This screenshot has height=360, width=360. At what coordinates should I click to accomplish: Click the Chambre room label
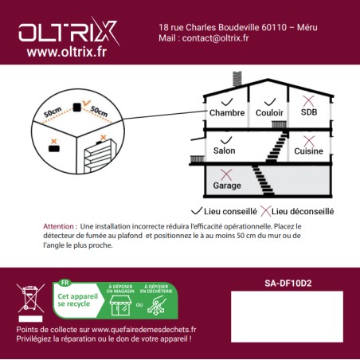pyautogui.click(x=227, y=113)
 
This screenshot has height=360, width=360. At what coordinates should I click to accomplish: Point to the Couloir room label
pyautogui.click(x=270, y=113)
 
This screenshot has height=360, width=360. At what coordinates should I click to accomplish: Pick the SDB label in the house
pyautogui.click(x=308, y=113)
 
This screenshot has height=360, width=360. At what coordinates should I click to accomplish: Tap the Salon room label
pyautogui.click(x=225, y=151)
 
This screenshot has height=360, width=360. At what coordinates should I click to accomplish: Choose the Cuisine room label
pyautogui.click(x=308, y=151)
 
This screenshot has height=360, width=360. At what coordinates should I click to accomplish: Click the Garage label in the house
pyautogui.click(x=227, y=186)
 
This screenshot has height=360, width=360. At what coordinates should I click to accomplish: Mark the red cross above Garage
pyautogui.click(x=226, y=174)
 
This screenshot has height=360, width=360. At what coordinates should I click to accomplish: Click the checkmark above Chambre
pyautogui.click(x=226, y=102)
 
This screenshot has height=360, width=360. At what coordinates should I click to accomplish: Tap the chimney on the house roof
pyautogui.click(x=237, y=78)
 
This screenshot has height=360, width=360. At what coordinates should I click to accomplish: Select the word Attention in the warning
pyautogui.click(x=61, y=226)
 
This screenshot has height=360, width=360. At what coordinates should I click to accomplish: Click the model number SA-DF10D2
pyautogui.click(x=287, y=282)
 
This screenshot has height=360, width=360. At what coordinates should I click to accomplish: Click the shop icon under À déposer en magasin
pyautogui.click(x=118, y=305)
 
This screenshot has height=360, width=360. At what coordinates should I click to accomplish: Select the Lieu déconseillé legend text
pyautogui.click(x=302, y=211)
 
